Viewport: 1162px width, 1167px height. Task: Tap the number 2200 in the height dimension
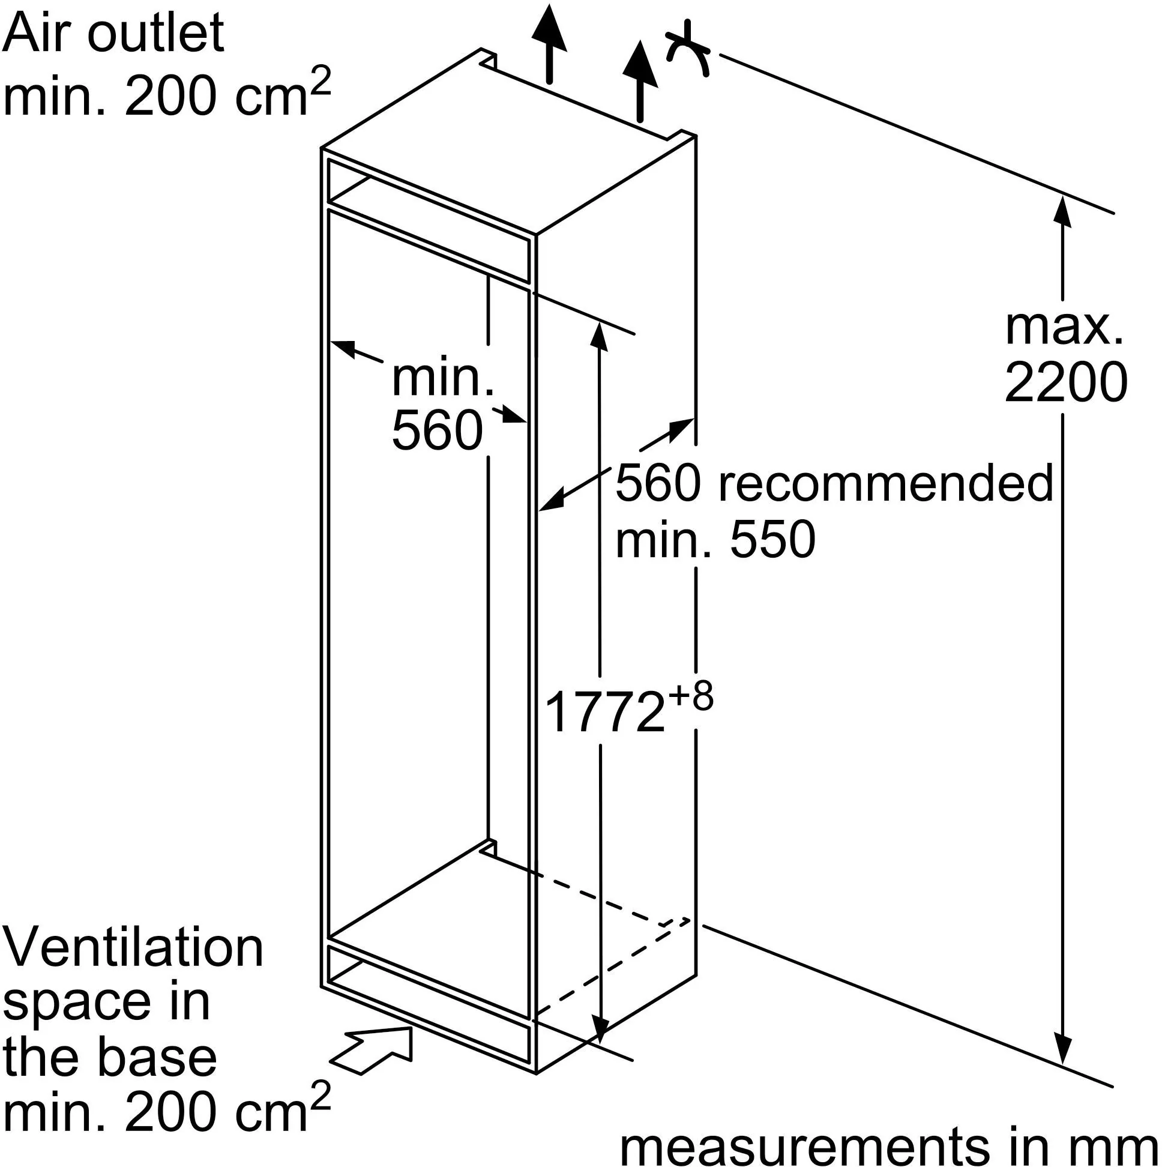[x=1065, y=382]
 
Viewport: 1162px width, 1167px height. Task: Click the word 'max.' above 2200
[x=1064, y=328]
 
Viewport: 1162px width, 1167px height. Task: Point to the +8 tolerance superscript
[x=691, y=696]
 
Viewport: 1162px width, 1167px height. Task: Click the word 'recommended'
[x=886, y=483]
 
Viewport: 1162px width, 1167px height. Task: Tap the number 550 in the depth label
[x=772, y=540]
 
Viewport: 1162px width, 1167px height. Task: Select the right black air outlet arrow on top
[x=640, y=79]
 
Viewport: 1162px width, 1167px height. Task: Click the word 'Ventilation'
[x=133, y=947]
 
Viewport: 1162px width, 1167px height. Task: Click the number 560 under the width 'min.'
[x=438, y=430]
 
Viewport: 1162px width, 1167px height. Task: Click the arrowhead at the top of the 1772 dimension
[x=599, y=336]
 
